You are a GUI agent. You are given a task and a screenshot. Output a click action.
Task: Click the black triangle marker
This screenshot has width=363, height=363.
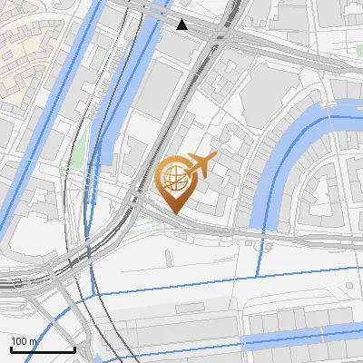(x=182, y=25)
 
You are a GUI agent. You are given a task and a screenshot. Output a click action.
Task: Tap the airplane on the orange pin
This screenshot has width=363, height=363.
(x=201, y=164)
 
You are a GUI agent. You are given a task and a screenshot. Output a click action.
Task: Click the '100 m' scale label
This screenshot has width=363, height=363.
(x=24, y=341)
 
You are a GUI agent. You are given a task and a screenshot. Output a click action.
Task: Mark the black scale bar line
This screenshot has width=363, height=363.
(x=42, y=349)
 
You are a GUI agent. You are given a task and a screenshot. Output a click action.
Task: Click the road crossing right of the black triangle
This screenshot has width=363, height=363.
(x=218, y=36)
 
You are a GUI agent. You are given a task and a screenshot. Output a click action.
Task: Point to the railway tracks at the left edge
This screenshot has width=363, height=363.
(x=14, y=283)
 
